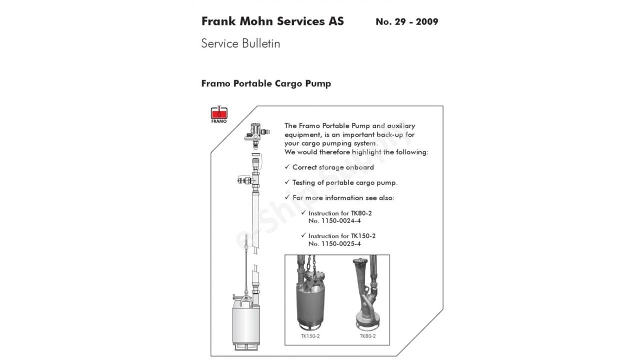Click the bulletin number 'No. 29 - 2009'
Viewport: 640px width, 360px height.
click(407, 21)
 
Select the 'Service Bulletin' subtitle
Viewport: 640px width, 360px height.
click(240, 43)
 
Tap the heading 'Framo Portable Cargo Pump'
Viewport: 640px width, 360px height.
click(266, 83)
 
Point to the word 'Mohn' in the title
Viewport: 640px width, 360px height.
click(256, 21)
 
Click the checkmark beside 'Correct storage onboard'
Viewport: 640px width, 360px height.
click(287, 167)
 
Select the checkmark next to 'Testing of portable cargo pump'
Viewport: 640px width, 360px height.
click(287, 182)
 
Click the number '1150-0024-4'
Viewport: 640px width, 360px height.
click(341, 221)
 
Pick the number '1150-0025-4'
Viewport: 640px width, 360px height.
click(341, 243)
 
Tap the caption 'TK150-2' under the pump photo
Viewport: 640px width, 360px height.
click(310, 336)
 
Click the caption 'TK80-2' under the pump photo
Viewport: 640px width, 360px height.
click(367, 336)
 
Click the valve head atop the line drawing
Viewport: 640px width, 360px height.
click(256, 134)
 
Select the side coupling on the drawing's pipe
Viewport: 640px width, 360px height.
click(245, 180)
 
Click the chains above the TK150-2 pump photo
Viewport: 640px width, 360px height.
click(311, 264)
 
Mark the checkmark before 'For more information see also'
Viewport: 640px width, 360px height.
click(287, 197)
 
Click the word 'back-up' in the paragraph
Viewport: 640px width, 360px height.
click(389, 135)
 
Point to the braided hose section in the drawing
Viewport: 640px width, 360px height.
click(255, 221)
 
